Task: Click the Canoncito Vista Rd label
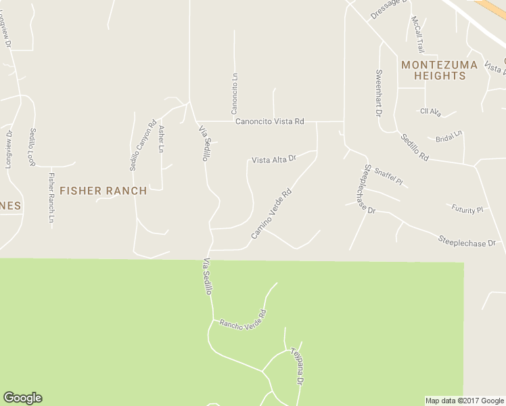pyautogui.click(x=269, y=122)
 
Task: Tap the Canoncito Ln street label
pyautogui.click(x=235, y=95)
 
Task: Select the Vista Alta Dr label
pyautogui.click(x=274, y=160)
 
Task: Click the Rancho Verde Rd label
pyautogui.click(x=243, y=318)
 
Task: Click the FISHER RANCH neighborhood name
pyautogui.click(x=103, y=191)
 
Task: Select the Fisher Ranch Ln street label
pyautogui.click(x=51, y=198)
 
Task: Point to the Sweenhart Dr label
pyautogui.click(x=379, y=93)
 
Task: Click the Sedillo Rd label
pyautogui.click(x=414, y=147)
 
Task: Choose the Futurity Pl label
pyautogui.click(x=468, y=209)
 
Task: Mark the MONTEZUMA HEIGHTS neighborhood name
pyautogui.click(x=439, y=70)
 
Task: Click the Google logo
pyautogui.click(x=22, y=398)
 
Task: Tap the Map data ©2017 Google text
pyautogui.click(x=464, y=401)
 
